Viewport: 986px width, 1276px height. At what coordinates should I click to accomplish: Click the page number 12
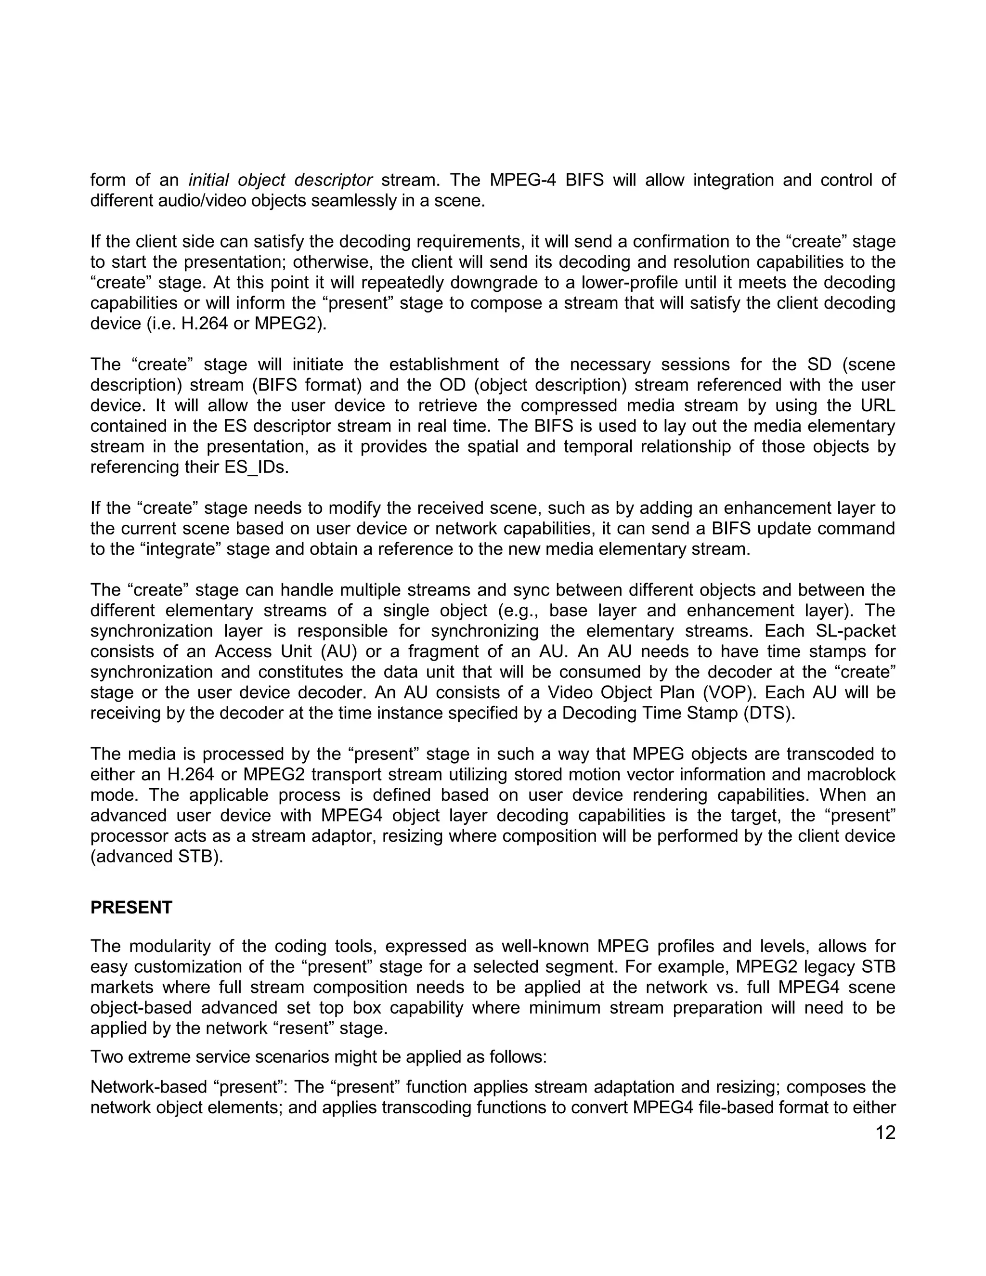(x=885, y=1133)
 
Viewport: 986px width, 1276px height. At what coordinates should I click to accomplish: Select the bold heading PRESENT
(x=131, y=907)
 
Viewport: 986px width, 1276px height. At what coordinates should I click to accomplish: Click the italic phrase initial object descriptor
(x=280, y=180)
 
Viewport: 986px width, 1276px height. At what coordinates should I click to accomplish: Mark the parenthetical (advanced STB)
(x=156, y=856)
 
